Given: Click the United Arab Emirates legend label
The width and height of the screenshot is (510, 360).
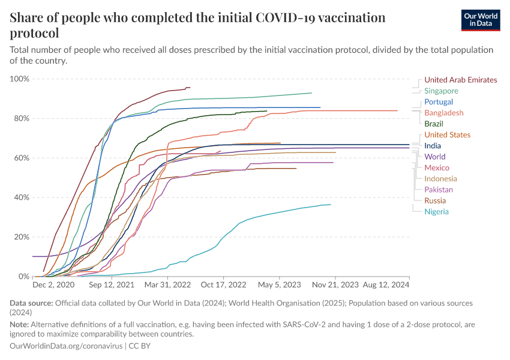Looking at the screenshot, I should (x=460, y=80).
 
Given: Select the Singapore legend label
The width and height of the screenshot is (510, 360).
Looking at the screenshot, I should (x=441, y=91).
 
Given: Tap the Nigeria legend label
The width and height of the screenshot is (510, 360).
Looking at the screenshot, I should (x=436, y=211).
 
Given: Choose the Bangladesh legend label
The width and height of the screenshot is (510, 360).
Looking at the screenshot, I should (x=443, y=113).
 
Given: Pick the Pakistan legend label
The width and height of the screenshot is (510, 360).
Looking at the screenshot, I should (x=439, y=190).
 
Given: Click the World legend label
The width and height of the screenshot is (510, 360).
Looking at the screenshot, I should (x=434, y=157).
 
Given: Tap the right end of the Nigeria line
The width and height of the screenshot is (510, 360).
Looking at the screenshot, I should (x=331, y=205).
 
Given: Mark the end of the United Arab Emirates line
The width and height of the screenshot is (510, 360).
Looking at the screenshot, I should (x=190, y=88).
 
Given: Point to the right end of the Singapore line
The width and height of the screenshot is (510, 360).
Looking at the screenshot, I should (x=311, y=93).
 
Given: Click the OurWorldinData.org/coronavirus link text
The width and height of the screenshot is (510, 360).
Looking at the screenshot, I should (x=66, y=346).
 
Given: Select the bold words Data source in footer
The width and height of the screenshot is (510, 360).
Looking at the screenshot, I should (x=31, y=304).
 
